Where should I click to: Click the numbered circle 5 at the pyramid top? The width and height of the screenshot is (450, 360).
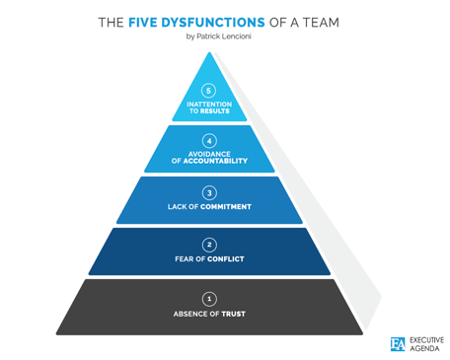click(x=208, y=91)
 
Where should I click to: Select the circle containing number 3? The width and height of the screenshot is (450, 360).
click(x=208, y=192)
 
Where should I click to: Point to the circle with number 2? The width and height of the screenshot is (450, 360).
click(x=208, y=244)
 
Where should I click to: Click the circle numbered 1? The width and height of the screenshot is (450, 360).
click(x=208, y=298)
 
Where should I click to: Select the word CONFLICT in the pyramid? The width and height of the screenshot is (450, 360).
click(x=225, y=259)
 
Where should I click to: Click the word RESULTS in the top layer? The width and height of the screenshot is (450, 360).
click(x=216, y=111)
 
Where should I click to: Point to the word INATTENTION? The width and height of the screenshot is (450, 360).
click(x=208, y=105)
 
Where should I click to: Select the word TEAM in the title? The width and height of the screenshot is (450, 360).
click(x=327, y=21)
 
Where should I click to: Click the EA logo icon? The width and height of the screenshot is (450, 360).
click(x=398, y=343)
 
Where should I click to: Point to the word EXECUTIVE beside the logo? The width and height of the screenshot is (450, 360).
click(x=426, y=338)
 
